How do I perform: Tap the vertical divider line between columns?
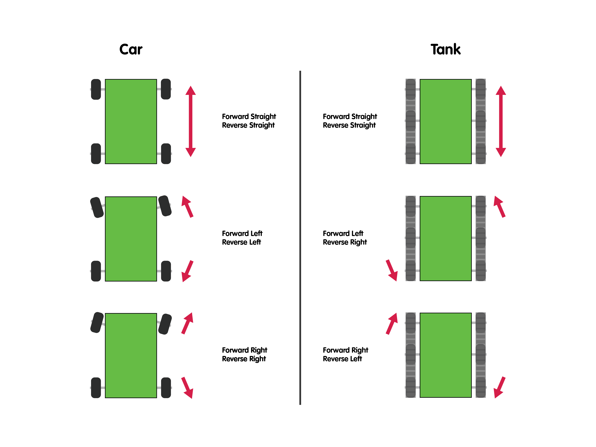click(x=300, y=237)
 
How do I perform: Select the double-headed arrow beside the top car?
click(x=190, y=121)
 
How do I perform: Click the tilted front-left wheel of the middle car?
click(x=97, y=207)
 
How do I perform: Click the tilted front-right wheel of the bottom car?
click(x=165, y=324)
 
